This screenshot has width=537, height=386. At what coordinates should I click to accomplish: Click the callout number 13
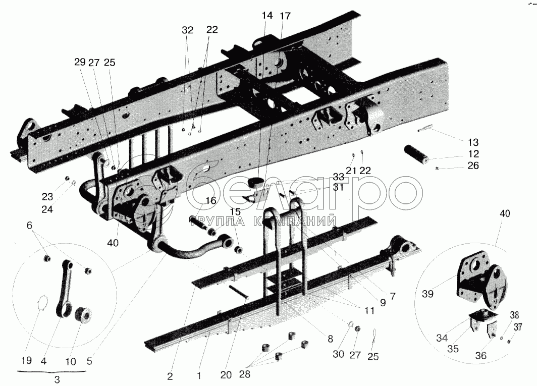(x=473, y=142)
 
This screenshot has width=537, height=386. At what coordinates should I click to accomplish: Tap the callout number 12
(x=473, y=154)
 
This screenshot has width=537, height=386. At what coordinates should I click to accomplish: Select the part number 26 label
(x=473, y=166)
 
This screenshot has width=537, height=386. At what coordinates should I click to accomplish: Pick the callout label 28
(x=244, y=374)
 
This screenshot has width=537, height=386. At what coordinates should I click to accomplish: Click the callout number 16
(x=210, y=201)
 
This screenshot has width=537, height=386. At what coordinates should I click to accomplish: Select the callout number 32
(x=188, y=30)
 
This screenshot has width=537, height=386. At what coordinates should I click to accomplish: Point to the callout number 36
(x=481, y=356)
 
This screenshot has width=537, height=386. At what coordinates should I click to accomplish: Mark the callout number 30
(x=338, y=354)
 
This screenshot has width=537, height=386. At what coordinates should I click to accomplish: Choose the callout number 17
(x=285, y=16)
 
